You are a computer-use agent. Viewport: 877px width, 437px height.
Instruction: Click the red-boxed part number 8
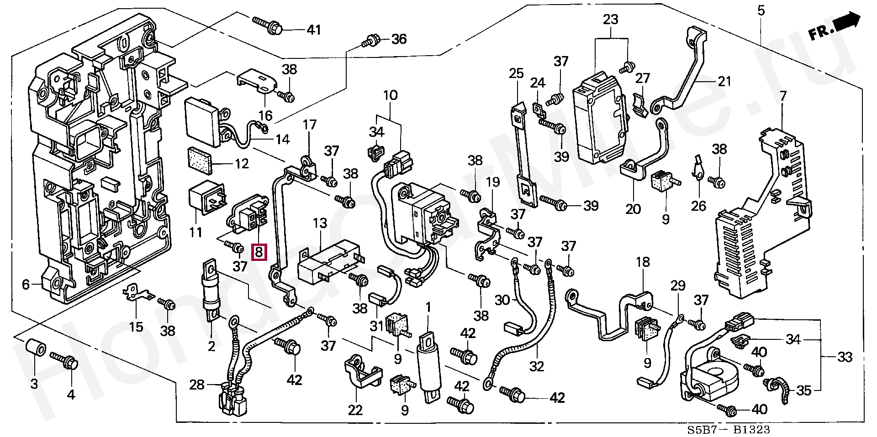click(x=259, y=252)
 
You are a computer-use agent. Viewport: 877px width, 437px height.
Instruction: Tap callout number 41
click(x=313, y=30)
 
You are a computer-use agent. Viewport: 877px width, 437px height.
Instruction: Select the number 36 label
click(x=399, y=39)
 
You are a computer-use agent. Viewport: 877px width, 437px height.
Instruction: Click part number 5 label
click(x=761, y=10)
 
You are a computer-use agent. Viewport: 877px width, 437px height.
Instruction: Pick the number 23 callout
click(x=610, y=20)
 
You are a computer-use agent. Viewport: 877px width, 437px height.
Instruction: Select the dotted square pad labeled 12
click(x=199, y=161)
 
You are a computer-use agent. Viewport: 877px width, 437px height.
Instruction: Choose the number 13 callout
click(x=320, y=224)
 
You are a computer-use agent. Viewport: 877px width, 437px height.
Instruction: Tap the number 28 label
click(x=197, y=385)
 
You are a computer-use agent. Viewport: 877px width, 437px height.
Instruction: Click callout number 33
click(x=845, y=357)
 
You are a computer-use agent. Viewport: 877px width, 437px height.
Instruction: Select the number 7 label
click(x=783, y=96)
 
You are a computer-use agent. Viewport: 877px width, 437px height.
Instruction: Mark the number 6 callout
click(x=26, y=285)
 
